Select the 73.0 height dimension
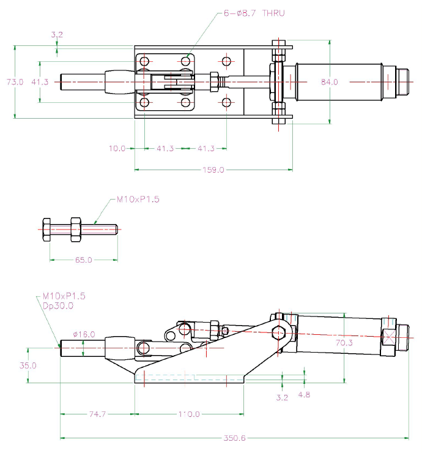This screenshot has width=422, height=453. (15, 81)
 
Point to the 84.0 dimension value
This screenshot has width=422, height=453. (329, 81)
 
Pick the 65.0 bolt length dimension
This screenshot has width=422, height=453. (83, 260)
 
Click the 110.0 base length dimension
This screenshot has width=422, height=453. (189, 414)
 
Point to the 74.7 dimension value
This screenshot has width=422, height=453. (98, 414)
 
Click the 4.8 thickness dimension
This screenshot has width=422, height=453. (304, 395)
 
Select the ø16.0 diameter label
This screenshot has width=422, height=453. (84, 334)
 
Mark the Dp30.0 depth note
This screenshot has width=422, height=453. (57, 305)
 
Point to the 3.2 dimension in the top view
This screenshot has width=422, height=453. (56, 35)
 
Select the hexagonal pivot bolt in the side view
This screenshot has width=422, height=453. (279, 333)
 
